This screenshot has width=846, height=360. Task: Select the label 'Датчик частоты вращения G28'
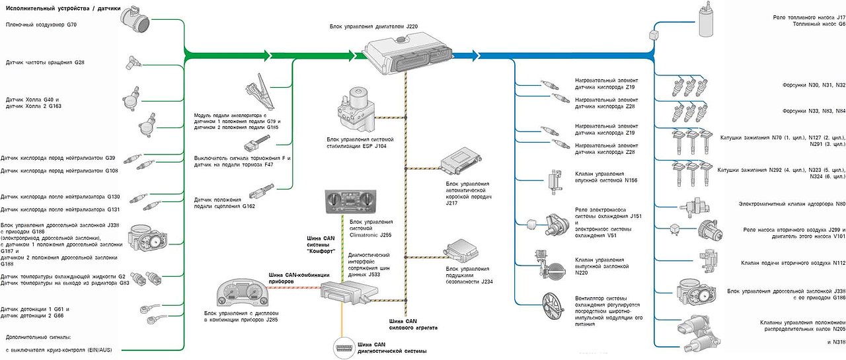[x=45, y=63]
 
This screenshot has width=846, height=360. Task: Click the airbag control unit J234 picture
[x=463, y=253]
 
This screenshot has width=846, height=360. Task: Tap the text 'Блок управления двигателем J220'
[x=373, y=27]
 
